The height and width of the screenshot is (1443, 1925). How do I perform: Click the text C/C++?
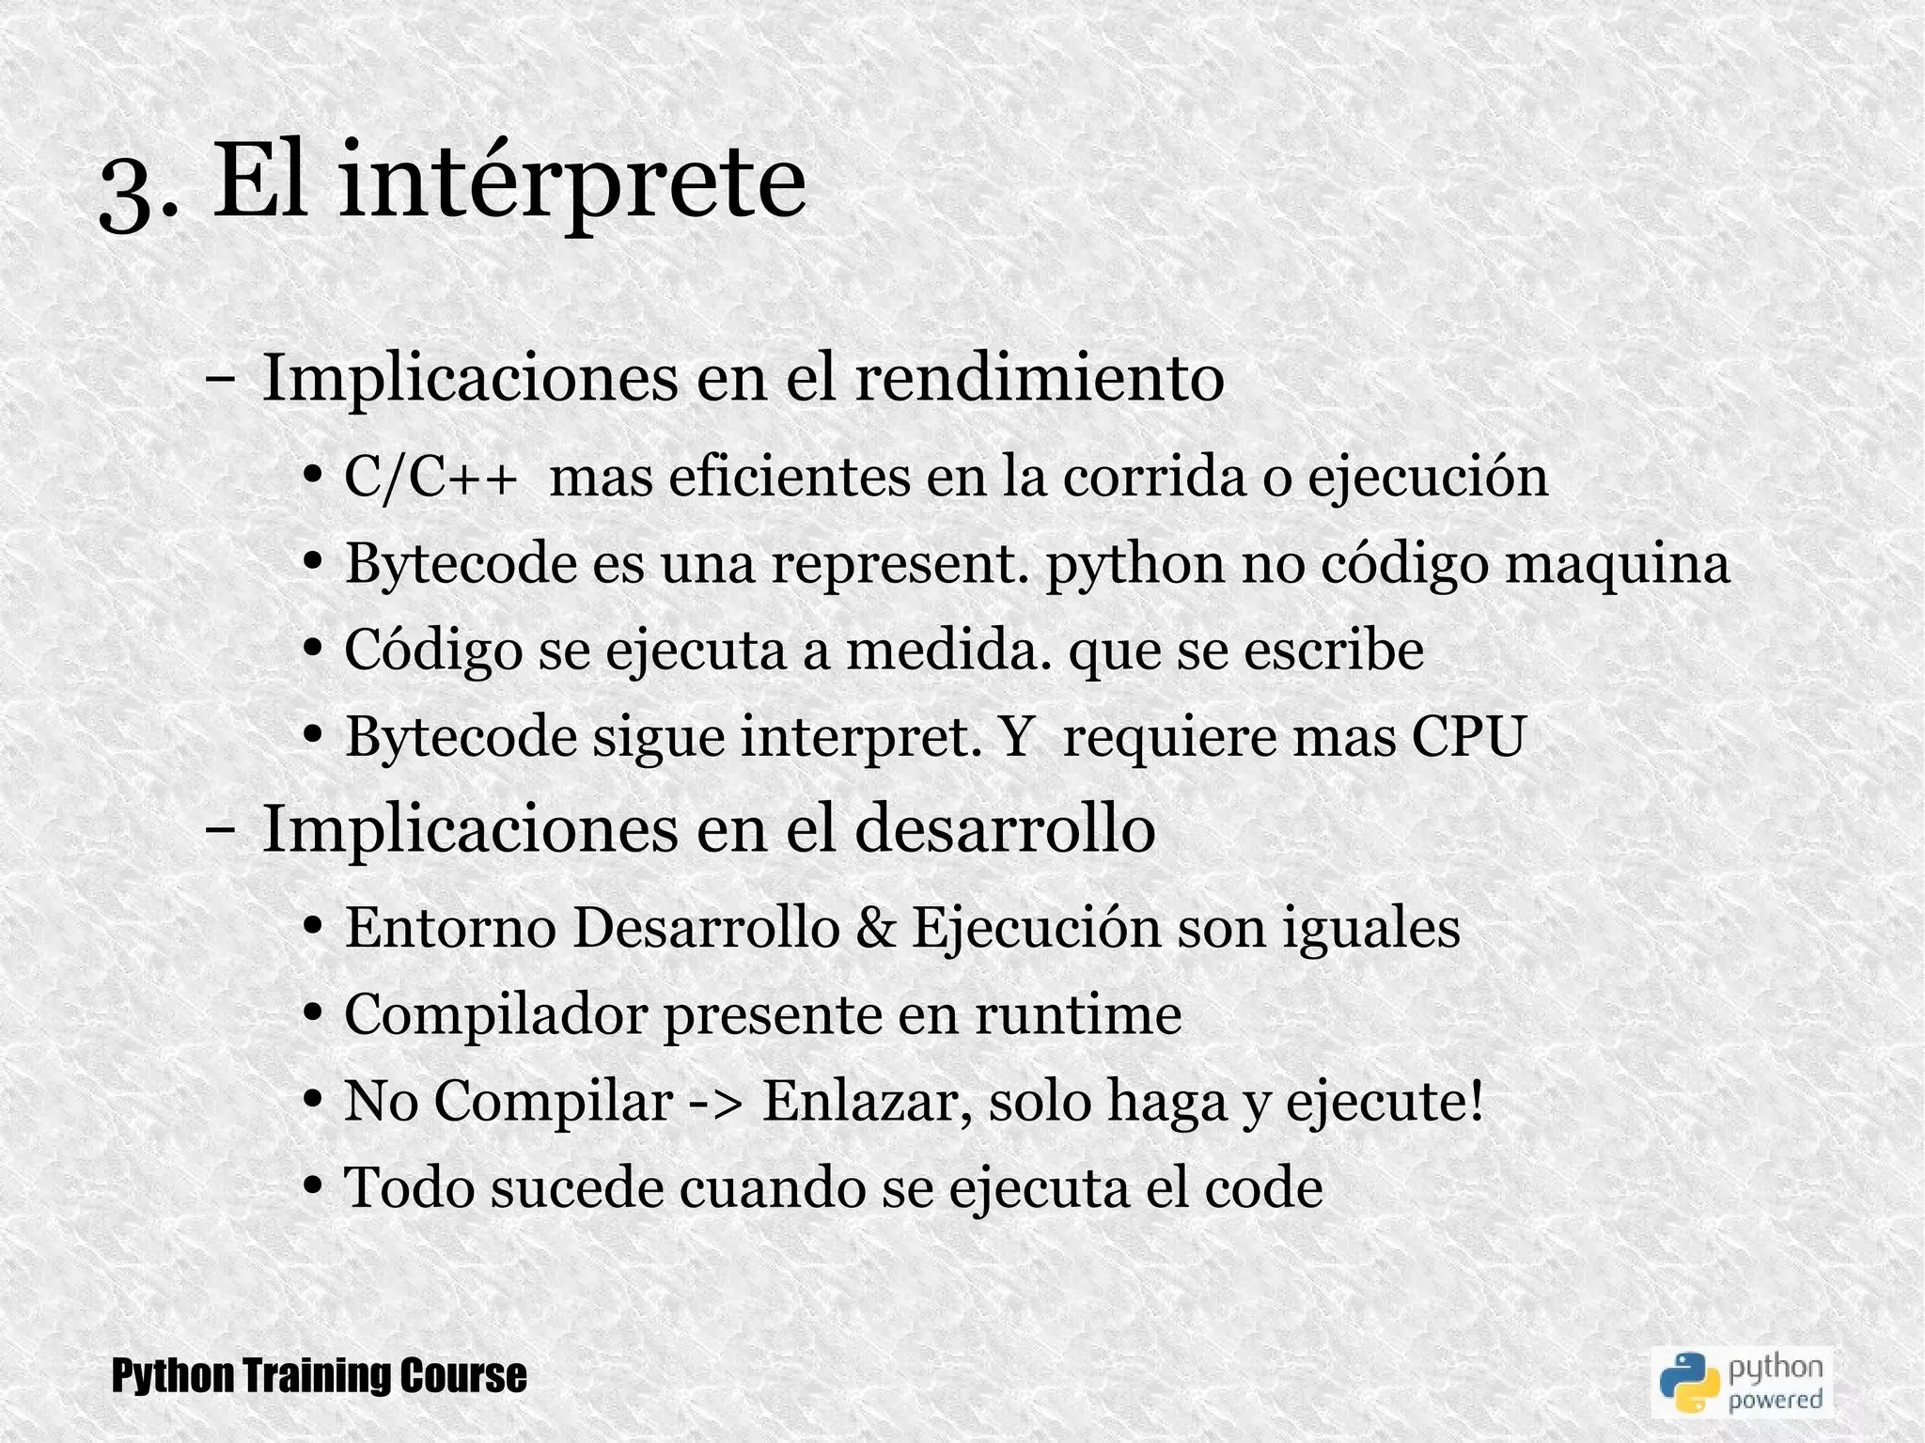[430, 477]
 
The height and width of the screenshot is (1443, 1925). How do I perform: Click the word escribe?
[1334, 650]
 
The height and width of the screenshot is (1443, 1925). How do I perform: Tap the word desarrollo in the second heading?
[1005, 829]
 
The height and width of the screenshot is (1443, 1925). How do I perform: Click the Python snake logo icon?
[1687, 1381]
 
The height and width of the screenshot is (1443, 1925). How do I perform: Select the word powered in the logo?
[1775, 1400]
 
